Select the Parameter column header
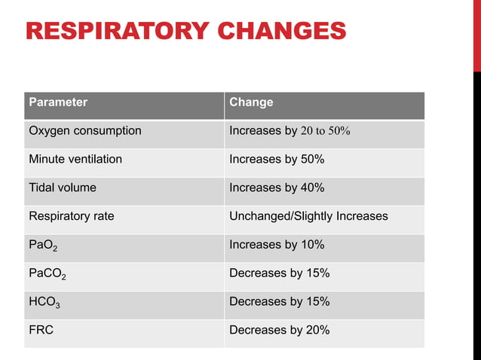pyautogui.click(x=58, y=102)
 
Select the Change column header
pyautogui.click(x=251, y=102)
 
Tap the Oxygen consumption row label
pyautogui.click(x=85, y=131)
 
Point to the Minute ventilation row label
pyautogui.click(x=75, y=160)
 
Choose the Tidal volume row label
pyautogui.click(x=63, y=188)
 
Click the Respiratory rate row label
pyautogui.click(x=72, y=216)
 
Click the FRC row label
pyautogui.click(x=41, y=330)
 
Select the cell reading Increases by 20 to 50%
pyautogui.click(x=290, y=131)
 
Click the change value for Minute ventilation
pyautogui.click(x=277, y=160)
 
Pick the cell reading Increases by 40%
pyautogui.click(x=277, y=188)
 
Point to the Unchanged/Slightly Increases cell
pyautogui.click(x=308, y=216)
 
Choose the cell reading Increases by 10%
pyautogui.click(x=277, y=245)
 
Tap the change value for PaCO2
pyautogui.click(x=279, y=273)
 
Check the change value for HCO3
pyautogui.click(x=279, y=302)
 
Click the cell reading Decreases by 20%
pyautogui.click(x=279, y=330)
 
